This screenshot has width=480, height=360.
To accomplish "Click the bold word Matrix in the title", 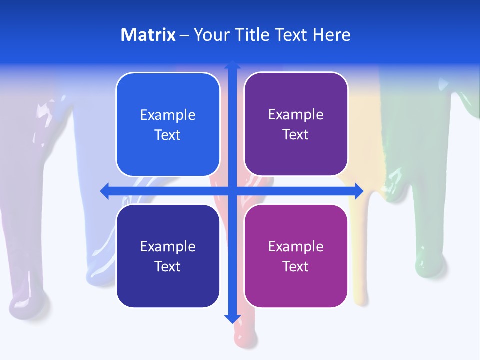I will [148, 35].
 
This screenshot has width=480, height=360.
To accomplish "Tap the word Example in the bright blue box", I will [168, 115].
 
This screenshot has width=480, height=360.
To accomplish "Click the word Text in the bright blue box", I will [168, 135].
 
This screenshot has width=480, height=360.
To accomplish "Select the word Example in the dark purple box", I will [296, 115].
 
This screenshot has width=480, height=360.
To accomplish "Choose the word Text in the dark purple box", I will [296, 134].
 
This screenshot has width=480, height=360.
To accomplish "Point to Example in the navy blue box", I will [168, 246].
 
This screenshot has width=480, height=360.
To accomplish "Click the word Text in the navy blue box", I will [168, 266].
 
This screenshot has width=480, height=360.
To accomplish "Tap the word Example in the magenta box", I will [296, 246].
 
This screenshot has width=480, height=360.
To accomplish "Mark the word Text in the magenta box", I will [296, 266].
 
